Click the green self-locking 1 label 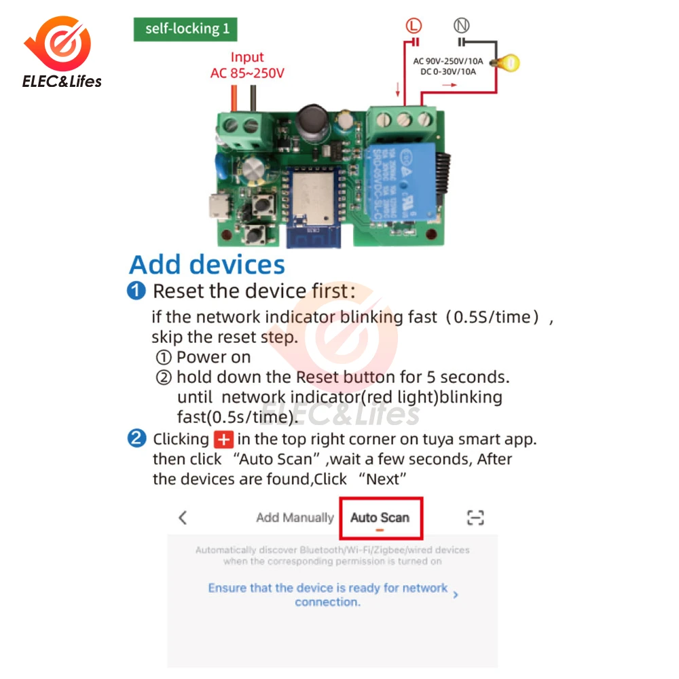(x=185, y=29)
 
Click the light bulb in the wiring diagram (x=507, y=64)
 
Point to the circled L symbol (x=414, y=26)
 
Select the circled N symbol (x=462, y=26)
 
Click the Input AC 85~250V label (x=247, y=65)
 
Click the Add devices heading (x=207, y=264)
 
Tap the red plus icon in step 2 (x=222, y=439)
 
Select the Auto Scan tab (x=380, y=518)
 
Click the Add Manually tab (x=295, y=518)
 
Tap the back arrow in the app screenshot (x=182, y=517)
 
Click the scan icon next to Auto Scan (x=475, y=518)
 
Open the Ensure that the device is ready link (x=328, y=594)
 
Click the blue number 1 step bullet (x=136, y=291)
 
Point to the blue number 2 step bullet (x=136, y=439)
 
